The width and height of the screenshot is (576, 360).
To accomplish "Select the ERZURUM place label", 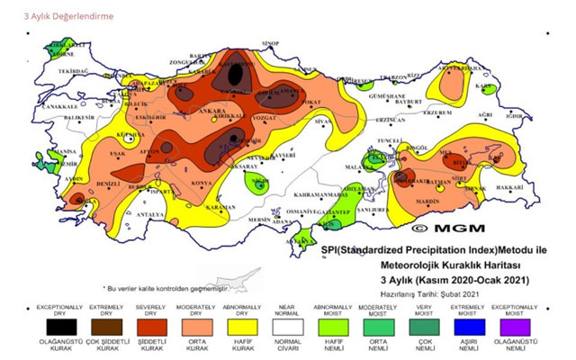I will pos(437,112).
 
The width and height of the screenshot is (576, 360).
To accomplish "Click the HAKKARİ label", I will pos(509,187).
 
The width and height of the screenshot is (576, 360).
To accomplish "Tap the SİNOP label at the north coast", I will pos(270,42).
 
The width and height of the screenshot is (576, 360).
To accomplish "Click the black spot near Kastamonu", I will pos(236,74).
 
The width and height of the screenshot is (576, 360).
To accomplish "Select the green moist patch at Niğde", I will pos(258,185).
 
